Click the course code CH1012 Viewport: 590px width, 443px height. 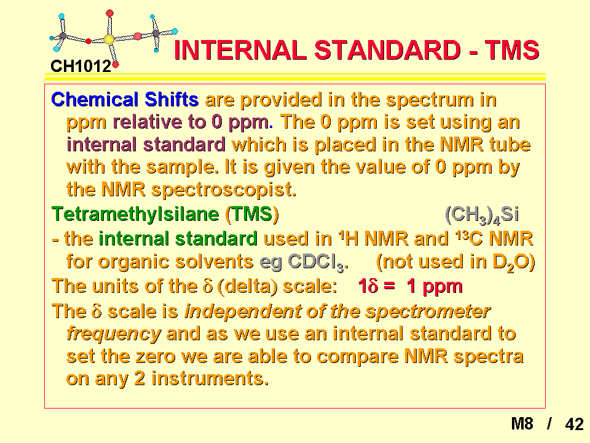click(81, 66)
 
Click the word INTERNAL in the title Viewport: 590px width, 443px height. click(240, 50)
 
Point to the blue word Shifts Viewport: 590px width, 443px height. click(171, 100)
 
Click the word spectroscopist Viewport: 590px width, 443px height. click(224, 190)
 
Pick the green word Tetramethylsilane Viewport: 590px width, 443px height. click(135, 214)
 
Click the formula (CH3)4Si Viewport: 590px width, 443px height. click(482, 215)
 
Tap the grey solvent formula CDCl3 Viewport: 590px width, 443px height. click(318, 262)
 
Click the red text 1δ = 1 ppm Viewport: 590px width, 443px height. click(410, 286)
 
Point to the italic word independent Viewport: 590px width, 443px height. click(243, 311)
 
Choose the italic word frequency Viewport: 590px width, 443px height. click(114, 334)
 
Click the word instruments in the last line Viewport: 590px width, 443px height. click(210, 378)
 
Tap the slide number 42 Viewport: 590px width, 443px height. click(574, 424)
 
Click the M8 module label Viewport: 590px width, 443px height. click(522, 424)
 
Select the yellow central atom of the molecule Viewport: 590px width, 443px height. click(109, 39)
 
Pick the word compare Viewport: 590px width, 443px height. click(358, 357)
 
